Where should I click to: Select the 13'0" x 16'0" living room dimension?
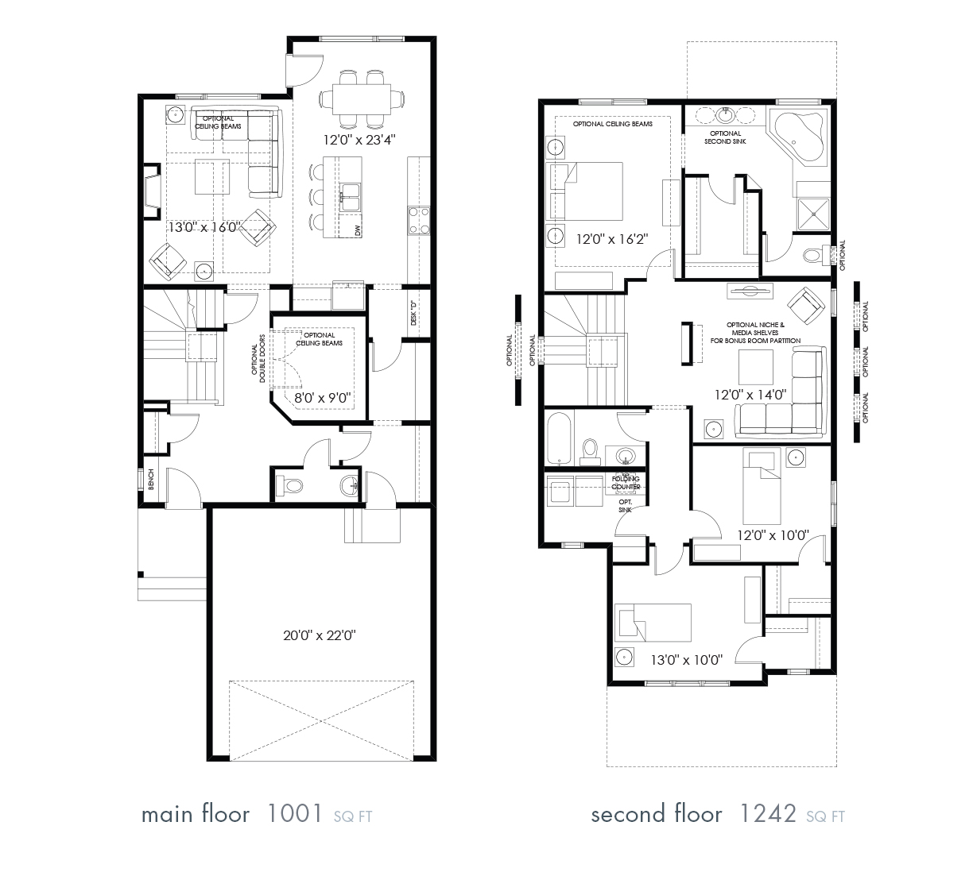coord(204,227)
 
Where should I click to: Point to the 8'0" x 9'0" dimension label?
coord(318,397)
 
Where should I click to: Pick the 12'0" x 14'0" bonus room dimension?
coord(750,394)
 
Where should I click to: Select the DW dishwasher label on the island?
coord(358,230)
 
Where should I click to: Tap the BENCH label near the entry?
coord(151,480)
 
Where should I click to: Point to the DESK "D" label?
coord(413,312)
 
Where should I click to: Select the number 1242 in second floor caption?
coord(768,814)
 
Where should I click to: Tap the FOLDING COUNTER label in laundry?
coord(626,483)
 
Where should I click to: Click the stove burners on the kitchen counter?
coord(418,220)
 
